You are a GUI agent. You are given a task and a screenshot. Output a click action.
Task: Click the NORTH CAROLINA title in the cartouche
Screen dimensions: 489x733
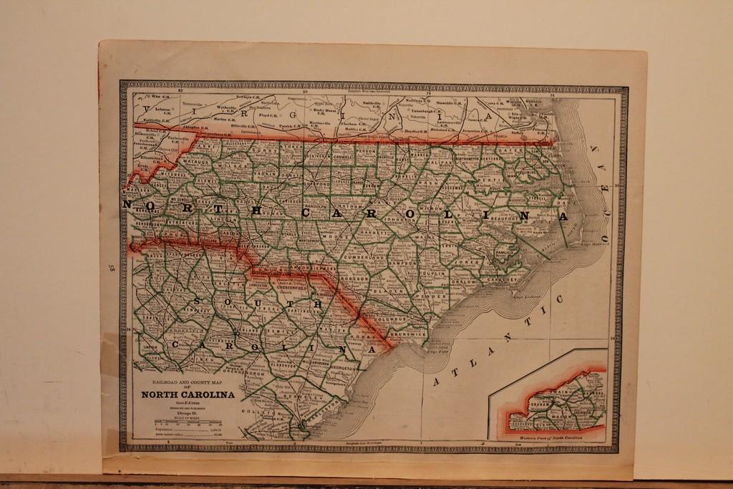[x=188, y=394]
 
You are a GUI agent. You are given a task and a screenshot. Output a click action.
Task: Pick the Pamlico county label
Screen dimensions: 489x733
[x=505, y=253]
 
